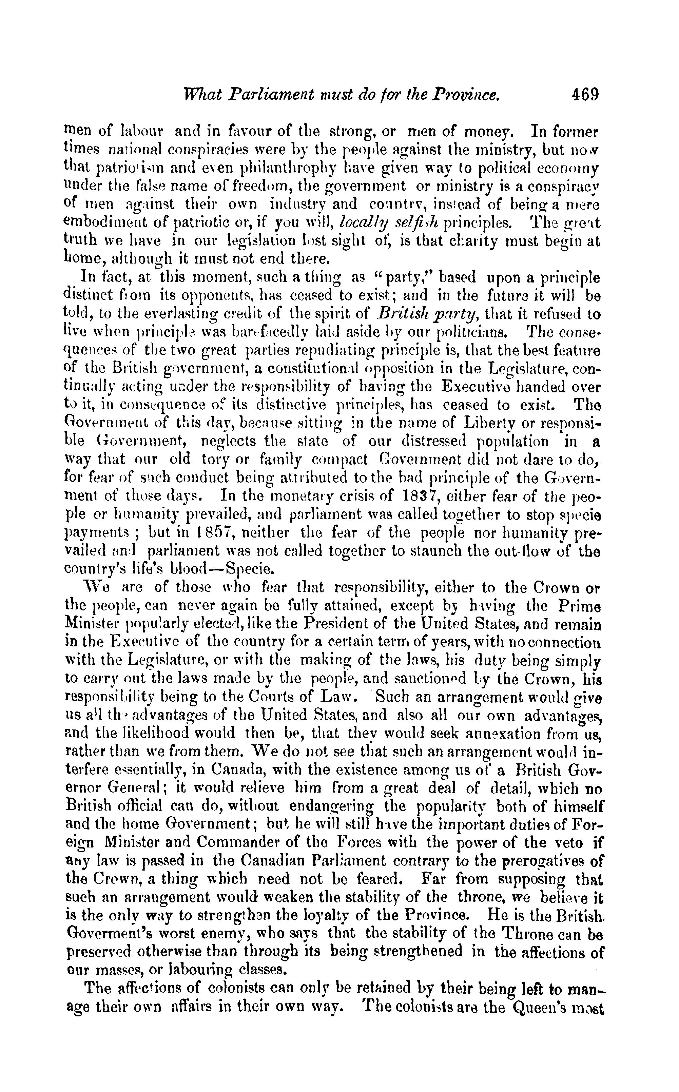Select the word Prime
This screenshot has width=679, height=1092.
[x=579, y=607]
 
